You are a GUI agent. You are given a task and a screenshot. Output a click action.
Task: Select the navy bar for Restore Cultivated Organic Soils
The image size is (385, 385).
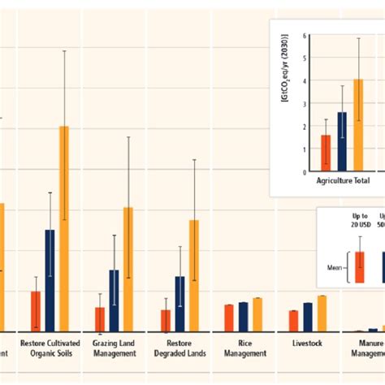[50, 280]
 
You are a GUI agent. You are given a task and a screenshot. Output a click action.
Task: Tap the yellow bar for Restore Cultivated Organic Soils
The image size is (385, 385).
[64, 228]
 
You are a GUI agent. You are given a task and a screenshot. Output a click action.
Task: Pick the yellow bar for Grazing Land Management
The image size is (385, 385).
[128, 269]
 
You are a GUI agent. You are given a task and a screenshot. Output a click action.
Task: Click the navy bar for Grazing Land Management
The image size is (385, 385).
[115, 301]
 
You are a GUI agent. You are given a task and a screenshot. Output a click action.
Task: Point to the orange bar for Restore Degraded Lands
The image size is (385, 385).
[166, 320]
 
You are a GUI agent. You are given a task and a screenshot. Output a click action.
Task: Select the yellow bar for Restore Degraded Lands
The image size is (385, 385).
[193, 275]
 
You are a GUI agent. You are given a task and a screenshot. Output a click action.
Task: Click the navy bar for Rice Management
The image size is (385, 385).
[243, 317]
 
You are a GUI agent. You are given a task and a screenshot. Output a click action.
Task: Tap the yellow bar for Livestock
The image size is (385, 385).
[322, 314]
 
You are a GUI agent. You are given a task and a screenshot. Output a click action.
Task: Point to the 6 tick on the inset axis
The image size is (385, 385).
[304, 36]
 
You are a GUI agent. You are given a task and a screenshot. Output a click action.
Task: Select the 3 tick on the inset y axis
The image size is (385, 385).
[304, 104]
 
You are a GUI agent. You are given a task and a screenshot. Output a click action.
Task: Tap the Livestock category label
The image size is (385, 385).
[308, 343]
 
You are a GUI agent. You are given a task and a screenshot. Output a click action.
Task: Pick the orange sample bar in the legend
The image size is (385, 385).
[360, 266]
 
